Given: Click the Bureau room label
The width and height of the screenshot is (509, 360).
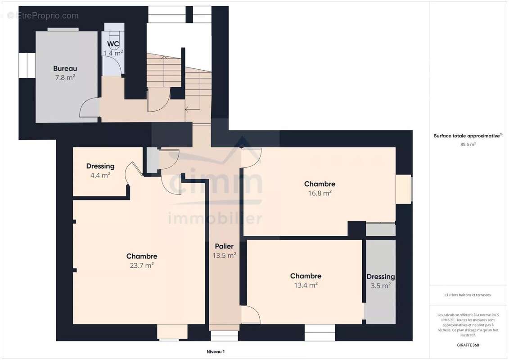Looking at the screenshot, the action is pos(65,68).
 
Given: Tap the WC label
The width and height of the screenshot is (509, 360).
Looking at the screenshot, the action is pos(113,44).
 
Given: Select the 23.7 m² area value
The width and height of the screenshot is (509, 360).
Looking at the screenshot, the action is pos(142,265).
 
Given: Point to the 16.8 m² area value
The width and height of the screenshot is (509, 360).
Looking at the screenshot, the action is pos(320,193).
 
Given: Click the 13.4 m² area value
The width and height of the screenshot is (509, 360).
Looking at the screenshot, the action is pos(306,285).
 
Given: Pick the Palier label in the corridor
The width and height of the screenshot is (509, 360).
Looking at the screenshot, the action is pos(224,247).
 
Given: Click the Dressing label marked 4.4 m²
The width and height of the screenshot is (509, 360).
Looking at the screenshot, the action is pos(100,166).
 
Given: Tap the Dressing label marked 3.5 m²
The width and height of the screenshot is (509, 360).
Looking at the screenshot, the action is pos(381,277).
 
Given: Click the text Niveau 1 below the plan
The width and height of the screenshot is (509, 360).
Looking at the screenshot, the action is pos(216,351).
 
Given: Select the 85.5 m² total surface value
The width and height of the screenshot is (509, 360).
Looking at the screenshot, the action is pos(468,144).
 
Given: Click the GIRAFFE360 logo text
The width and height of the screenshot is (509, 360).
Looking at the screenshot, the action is pos(468,345).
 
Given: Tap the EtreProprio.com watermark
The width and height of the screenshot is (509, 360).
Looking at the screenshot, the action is pos(43,16).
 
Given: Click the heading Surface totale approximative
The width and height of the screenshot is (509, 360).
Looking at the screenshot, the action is pos(467,136).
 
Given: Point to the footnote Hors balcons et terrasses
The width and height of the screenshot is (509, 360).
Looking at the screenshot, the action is pos(468,295).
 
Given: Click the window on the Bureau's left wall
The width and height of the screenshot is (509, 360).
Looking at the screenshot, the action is pos(27,65).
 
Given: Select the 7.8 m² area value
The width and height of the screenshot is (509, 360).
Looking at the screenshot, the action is pos(65,77).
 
